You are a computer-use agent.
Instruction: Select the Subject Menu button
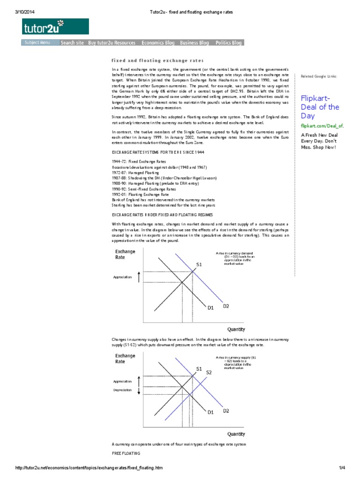click(x=39, y=43)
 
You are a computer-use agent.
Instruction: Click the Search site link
click(x=72, y=43)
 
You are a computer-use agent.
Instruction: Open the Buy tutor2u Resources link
click(x=112, y=43)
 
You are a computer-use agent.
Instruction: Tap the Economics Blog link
click(x=158, y=43)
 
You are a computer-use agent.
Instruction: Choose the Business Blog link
click(x=195, y=43)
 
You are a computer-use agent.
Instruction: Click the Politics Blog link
click(x=229, y=43)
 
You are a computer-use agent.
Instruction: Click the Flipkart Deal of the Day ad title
click(x=320, y=106)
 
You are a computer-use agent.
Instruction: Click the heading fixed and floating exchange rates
click(x=157, y=60)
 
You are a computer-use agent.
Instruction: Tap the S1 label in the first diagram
click(x=199, y=265)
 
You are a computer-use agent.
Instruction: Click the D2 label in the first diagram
click(x=226, y=306)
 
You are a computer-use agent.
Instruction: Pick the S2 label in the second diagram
click(x=209, y=372)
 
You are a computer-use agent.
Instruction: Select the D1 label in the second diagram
click(x=210, y=412)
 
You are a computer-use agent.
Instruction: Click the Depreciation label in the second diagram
click(x=122, y=390)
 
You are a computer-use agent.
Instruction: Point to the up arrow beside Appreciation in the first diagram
click(x=139, y=277)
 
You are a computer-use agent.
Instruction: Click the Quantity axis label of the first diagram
click(x=236, y=329)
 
